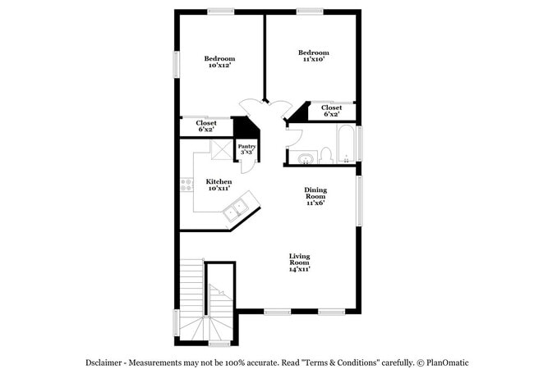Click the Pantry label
246,149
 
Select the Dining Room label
315,196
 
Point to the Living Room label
299,262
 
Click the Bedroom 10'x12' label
219,62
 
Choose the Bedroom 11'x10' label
315,56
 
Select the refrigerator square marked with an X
222,152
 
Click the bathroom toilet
325,153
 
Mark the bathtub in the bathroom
348,145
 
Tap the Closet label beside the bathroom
332,111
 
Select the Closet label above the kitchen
205,126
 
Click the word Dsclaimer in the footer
108,363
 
